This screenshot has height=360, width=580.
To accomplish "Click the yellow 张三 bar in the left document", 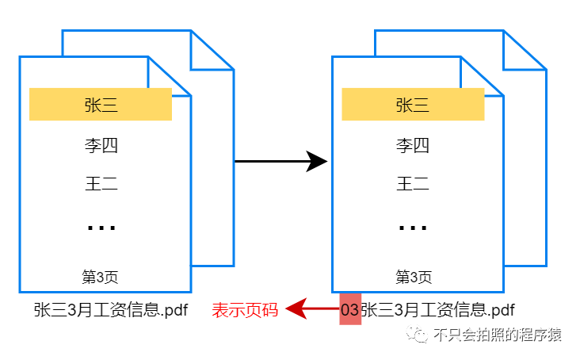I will (101, 105).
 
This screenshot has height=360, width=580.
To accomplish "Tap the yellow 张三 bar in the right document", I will (413, 105).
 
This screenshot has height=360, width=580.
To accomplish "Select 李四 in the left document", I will (101, 146).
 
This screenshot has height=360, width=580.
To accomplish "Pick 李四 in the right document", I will (413, 146).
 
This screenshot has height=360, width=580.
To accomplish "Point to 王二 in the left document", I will (101, 185).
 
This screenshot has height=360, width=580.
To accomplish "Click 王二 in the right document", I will (413, 185).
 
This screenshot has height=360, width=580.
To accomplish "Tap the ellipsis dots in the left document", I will (101, 228).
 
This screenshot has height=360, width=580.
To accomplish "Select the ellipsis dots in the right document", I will (413, 228).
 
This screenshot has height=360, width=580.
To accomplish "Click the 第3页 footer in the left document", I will (101, 277).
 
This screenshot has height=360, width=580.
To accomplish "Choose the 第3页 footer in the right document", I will (414, 277).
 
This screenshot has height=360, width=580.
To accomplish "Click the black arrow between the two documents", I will (281, 162).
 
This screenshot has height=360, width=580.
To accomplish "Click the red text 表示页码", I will (245, 310).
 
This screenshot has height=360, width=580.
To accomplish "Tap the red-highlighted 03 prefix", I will (349, 309).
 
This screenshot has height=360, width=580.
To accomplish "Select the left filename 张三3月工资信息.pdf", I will (110, 310).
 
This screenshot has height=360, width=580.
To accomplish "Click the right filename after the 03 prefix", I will (437, 310).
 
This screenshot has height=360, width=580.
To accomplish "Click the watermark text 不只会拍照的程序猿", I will (498, 335).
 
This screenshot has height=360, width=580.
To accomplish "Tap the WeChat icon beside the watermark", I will (418, 335).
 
